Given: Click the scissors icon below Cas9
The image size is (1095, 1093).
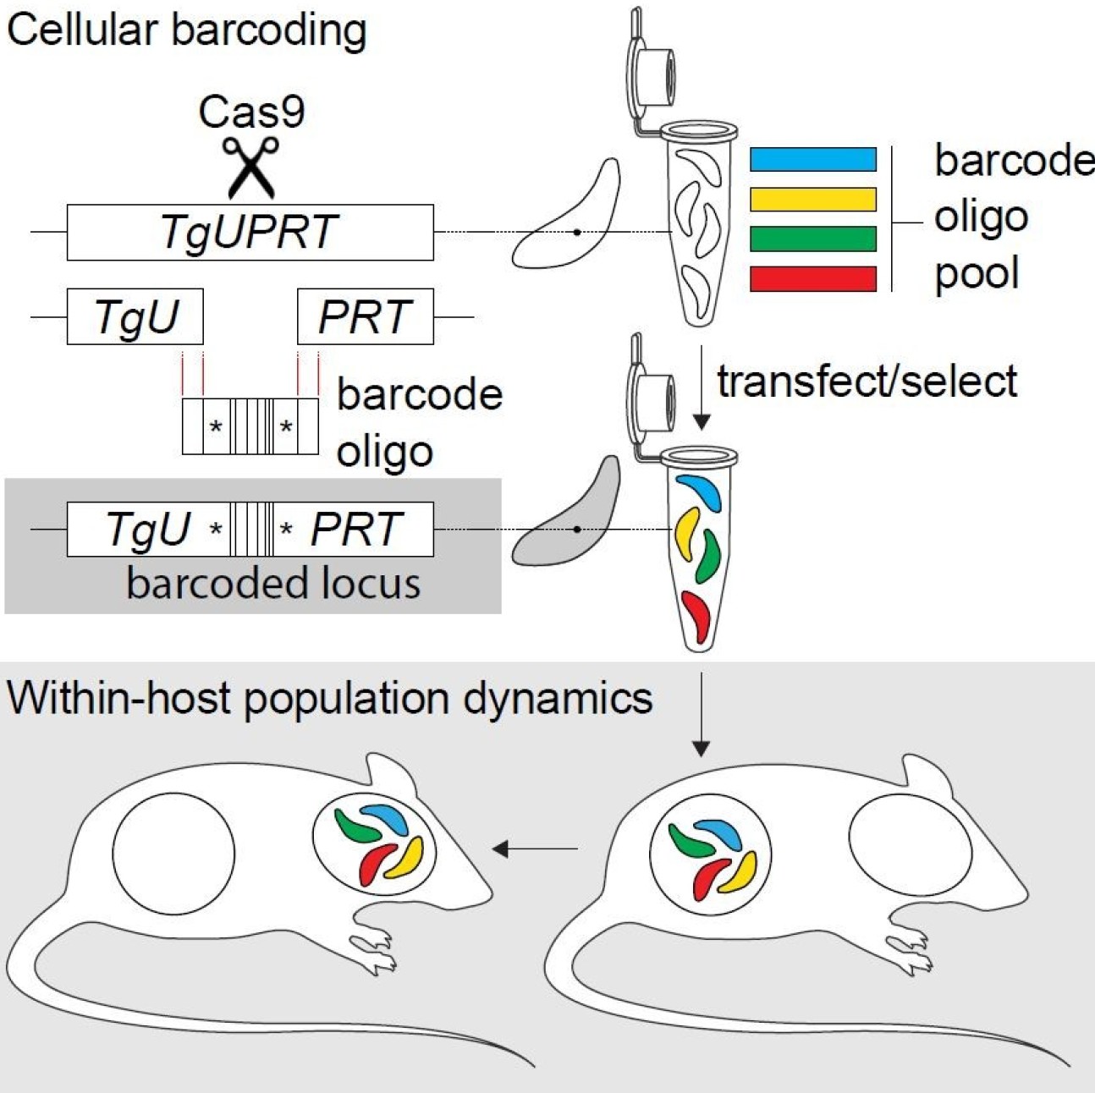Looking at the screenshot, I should coord(251,166).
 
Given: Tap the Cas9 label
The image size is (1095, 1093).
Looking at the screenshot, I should coord(251,112).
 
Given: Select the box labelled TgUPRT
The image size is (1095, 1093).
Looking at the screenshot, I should coord(250,232).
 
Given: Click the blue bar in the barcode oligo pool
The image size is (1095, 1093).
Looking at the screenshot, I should coord(812,159).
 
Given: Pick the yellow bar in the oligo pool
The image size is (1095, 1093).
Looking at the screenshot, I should coord(812,199).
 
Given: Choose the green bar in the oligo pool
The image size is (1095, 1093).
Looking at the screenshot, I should coord(812,239).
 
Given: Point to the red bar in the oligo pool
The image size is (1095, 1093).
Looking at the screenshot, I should coord(812,278).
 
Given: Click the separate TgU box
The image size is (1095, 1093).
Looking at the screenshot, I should coord(135,316).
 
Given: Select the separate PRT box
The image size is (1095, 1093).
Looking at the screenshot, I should coord(366,316).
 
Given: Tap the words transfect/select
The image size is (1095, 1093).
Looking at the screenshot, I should coord(867,382).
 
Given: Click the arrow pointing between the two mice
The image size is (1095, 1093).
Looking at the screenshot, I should coord(535,848).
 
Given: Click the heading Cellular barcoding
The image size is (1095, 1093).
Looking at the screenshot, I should coord(186,30).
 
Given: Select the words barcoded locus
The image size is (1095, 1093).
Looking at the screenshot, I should coord(272,583).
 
